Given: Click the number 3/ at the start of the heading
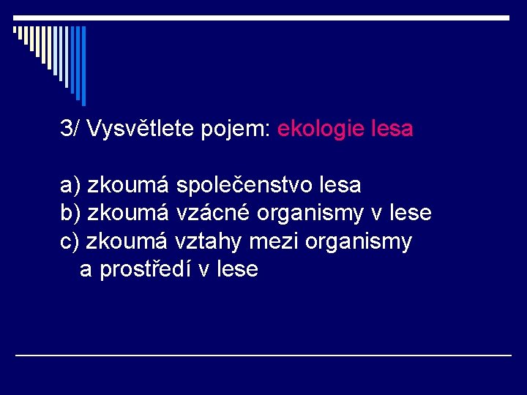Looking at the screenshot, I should (71, 129).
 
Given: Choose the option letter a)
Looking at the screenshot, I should (70, 186).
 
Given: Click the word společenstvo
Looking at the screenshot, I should (245, 186).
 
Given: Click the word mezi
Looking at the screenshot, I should (266, 241).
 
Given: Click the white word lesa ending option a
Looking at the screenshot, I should (342, 186).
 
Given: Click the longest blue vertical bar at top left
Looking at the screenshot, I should (83, 66).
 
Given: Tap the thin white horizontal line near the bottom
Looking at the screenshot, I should (263, 355).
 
